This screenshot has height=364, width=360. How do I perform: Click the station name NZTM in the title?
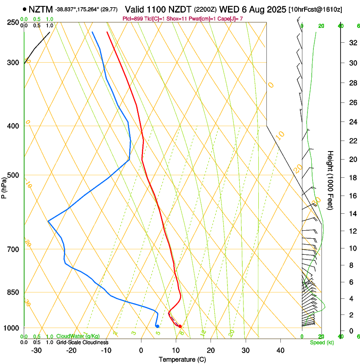pyautogui.click(x=41, y=9)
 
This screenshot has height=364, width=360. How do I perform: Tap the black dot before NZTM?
pyautogui.click(x=25, y=9)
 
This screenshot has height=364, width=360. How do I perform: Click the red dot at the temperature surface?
pyautogui.click(x=180, y=326)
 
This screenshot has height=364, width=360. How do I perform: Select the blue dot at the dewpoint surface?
pyautogui.click(x=157, y=326)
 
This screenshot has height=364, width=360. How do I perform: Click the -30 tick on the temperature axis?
pyautogui.click(x=36, y=350)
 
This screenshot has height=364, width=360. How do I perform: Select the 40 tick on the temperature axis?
pyautogui.click(x=280, y=350)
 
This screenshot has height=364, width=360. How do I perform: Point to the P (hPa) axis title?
pyautogui.click(x=4, y=186)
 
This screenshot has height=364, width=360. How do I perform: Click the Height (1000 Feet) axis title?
pyautogui.click(x=330, y=180)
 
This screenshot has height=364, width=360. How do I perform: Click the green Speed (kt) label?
pyautogui.click(x=322, y=342)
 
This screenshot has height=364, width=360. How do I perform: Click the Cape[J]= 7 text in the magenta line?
pyautogui.click(x=230, y=19)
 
